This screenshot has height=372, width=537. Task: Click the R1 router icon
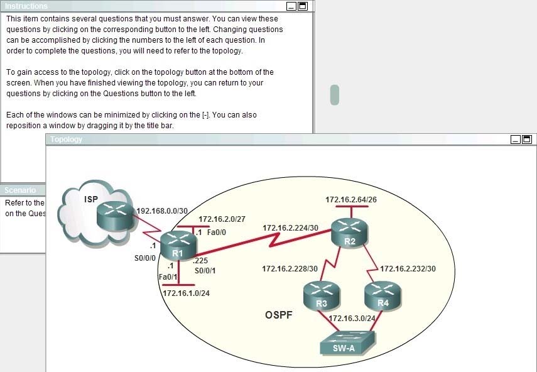(x=178, y=245)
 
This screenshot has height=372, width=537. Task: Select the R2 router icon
(x=349, y=232)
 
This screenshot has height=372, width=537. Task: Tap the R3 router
(x=322, y=295)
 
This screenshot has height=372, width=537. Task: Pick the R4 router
(x=382, y=295)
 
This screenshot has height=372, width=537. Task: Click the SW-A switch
(x=347, y=342)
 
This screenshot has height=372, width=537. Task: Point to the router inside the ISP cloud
(x=115, y=215)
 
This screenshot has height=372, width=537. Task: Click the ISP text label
(x=91, y=199)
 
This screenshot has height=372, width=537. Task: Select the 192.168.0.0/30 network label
(x=162, y=211)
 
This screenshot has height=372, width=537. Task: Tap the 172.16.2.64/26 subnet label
(x=351, y=200)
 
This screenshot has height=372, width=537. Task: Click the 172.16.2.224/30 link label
(x=290, y=228)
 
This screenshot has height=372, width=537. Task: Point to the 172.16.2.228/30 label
(x=290, y=269)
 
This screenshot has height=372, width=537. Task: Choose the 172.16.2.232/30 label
(x=408, y=269)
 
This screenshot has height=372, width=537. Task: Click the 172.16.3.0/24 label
(x=352, y=319)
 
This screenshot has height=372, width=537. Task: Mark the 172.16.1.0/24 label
(x=186, y=293)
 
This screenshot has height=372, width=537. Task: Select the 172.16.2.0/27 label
(x=222, y=219)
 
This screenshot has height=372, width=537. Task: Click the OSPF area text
(x=279, y=315)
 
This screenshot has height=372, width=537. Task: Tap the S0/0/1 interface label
(x=205, y=271)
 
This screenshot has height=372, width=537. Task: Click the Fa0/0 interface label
(x=217, y=232)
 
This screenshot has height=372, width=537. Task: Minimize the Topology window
(x=516, y=139)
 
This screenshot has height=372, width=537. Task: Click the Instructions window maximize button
(x=303, y=6)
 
